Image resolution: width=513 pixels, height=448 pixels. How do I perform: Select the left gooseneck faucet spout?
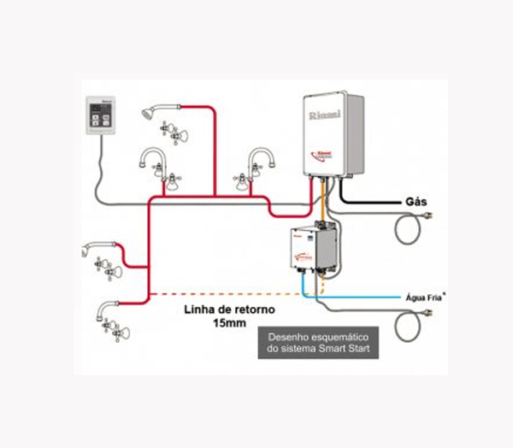pos(155,157)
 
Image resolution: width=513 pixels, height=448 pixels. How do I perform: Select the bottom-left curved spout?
pos(104,305)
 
